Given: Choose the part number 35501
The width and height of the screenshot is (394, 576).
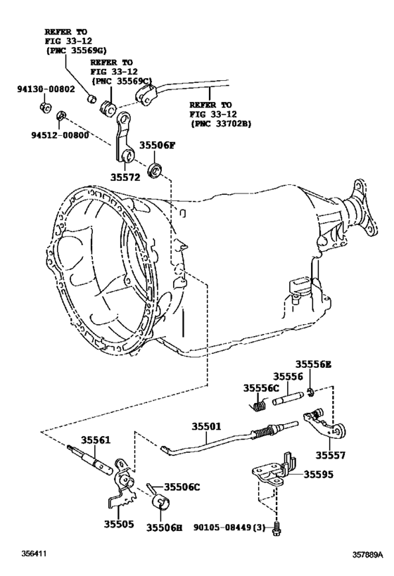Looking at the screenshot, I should click(208, 426).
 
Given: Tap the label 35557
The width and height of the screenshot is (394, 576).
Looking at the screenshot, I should click(330, 454).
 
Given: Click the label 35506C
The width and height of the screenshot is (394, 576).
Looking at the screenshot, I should click(182, 487).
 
